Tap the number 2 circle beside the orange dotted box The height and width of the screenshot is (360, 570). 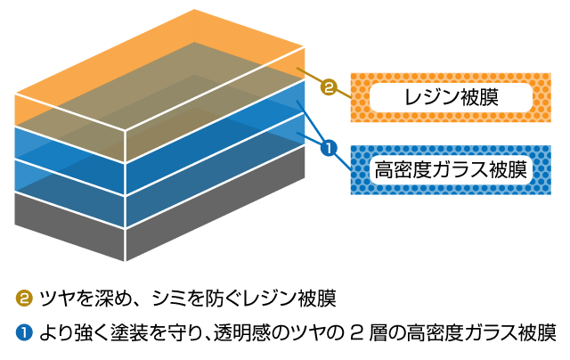[329, 88]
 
